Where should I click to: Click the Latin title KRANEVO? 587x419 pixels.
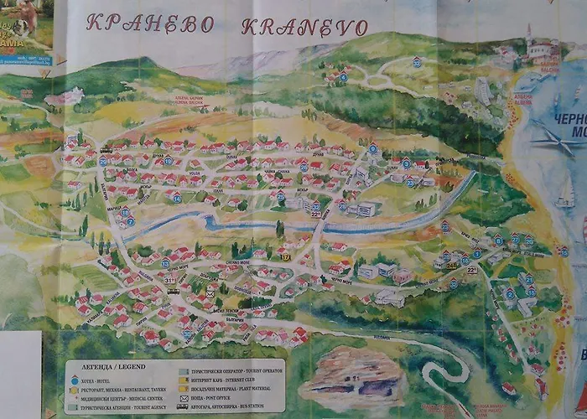tap(305, 26)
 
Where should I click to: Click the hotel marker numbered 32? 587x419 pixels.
tap(416, 62)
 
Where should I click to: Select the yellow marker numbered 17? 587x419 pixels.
tap(286, 257)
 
